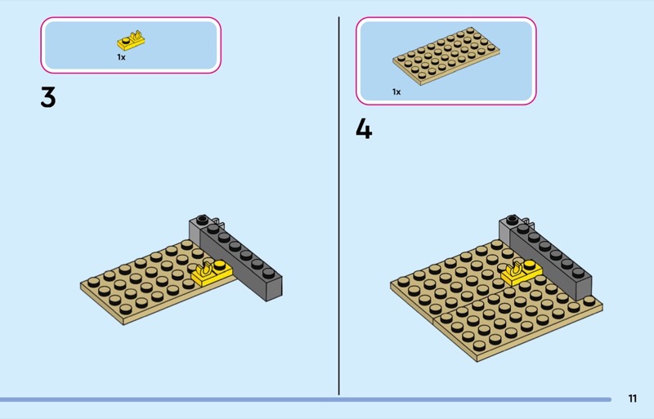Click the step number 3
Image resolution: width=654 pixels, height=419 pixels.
point(48,97)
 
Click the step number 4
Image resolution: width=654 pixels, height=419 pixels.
point(364,128)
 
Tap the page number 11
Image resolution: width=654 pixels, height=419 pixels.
point(632,399)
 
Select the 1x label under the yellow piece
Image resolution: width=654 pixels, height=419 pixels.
point(121,57)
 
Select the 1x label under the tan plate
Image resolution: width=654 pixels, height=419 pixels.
point(396,91)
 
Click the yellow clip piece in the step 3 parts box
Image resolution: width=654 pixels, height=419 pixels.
point(131,41)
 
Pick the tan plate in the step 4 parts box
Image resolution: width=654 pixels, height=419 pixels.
point(446,56)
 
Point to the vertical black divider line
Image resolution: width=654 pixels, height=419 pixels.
point(338,206)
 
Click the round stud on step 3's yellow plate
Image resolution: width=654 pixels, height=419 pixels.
point(220,265)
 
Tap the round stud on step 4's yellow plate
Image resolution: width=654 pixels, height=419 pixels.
point(530,265)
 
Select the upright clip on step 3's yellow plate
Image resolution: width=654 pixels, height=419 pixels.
point(206,270)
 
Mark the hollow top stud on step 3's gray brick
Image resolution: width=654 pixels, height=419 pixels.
point(202,219)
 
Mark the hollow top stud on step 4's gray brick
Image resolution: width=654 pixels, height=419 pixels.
point(513,219)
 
